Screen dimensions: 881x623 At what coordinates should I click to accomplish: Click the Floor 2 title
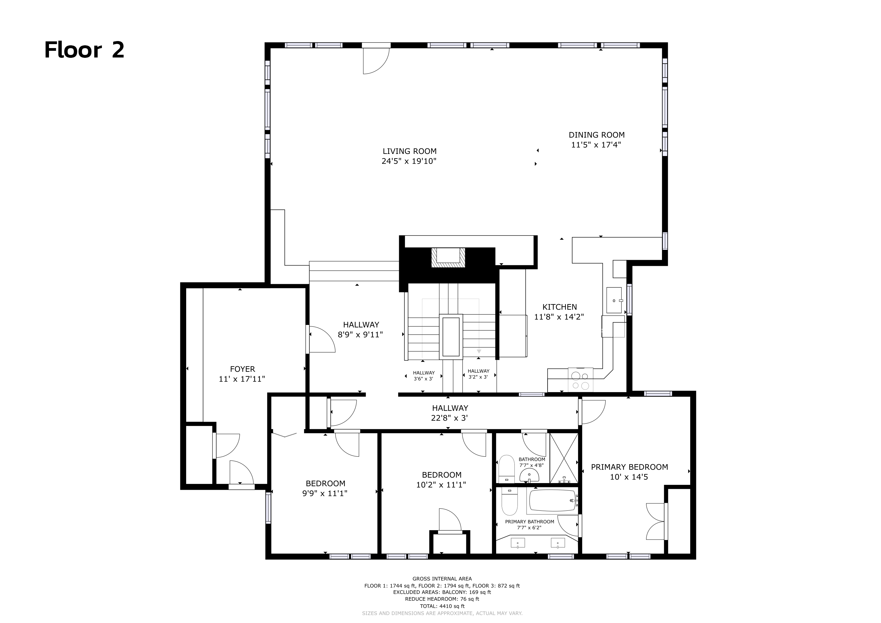point(84,50)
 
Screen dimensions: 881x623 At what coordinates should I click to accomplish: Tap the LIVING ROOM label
point(409,151)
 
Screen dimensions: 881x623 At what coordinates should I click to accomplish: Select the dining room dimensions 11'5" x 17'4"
point(596,144)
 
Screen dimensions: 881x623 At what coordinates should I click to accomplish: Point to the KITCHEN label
point(559,307)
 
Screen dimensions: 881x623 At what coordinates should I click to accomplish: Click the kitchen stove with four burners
point(580,380)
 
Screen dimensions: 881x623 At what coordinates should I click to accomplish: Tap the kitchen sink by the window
point(614,300)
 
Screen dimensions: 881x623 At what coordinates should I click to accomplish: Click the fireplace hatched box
point(448,257)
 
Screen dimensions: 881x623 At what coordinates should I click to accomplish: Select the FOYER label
point(242,369)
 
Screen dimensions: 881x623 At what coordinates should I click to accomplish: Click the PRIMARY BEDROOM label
point(629,467)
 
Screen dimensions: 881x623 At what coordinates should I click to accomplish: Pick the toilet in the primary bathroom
point(510,502)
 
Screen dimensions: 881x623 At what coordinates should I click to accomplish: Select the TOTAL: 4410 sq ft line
point(442,606)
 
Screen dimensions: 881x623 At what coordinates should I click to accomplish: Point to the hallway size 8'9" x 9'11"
point(360,335)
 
